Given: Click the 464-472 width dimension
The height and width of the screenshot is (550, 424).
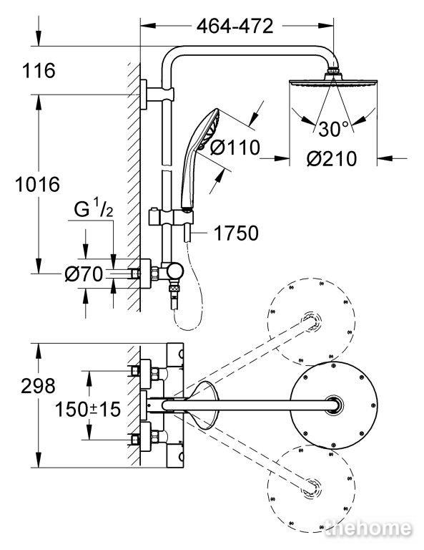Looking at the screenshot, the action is pos(235,26).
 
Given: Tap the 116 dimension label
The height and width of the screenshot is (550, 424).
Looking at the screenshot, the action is pos(39,70).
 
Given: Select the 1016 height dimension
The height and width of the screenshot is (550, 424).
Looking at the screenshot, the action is pos(37,185).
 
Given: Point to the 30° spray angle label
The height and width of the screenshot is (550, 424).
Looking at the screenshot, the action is pos(334,129).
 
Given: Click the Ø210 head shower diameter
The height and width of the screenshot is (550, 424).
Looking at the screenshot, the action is pos(332,158).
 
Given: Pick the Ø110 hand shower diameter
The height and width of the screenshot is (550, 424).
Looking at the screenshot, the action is pos(235,148).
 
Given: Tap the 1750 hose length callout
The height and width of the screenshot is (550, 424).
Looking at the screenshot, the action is pos(236,233).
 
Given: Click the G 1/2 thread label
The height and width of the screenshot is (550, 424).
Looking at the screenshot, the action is pos(93,210).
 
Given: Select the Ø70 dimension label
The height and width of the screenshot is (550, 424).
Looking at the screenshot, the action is pos(84,274).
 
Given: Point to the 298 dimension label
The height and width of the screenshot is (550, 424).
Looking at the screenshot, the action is pos(38,386).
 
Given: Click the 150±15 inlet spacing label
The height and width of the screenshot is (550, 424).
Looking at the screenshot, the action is pos(88,409).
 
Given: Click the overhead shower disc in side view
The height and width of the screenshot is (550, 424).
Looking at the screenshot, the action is pos(333,82).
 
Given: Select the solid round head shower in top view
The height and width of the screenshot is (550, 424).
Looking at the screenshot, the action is pos(334,405).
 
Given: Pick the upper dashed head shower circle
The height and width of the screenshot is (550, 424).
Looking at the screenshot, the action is pos(311,322).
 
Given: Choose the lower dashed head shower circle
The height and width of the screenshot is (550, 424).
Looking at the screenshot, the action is pos(311,488).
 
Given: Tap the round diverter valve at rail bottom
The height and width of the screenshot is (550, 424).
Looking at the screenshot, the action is pos(174,271).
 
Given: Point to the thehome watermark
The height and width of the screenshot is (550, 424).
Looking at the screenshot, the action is pos(368,528).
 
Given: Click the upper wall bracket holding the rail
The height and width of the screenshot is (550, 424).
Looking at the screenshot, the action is pos(157,95).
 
